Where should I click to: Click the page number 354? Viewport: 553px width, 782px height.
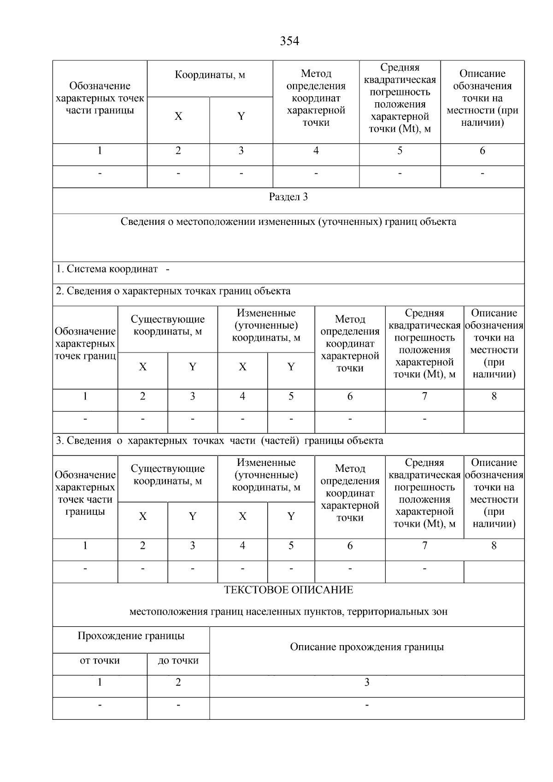click(x=289, y=41)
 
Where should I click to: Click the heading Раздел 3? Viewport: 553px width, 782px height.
click(x=288, y=197)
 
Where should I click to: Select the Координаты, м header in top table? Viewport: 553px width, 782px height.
click(x=210, y=75)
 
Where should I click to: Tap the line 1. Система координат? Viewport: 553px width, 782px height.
click(x=112, y=269)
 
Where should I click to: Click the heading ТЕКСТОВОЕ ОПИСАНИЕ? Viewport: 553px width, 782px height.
click(x=288, y=590)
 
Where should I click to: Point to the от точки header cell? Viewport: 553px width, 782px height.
click(x=100, y=660)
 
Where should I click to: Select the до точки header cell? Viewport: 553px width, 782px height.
click(x=178, y=660)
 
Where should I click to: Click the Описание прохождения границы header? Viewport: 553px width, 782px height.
click(x=367, y=647)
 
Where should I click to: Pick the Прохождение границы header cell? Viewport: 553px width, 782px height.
click(x=131, y=636)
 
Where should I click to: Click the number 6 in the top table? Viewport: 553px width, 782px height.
click(x=482, y=151)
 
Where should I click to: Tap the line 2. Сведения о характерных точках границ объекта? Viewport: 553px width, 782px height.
click(x=173, y=291)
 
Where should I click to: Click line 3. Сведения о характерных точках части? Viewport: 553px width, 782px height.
click(x=219, y=441)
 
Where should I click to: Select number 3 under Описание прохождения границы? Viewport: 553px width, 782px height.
click(x=367, y=682)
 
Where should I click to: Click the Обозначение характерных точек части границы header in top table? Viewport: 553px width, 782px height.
click(x=100, y=98)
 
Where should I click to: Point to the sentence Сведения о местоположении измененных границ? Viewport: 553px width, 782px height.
click(x=288, y=222)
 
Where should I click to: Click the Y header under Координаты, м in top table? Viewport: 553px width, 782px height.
click(x=241, y=116)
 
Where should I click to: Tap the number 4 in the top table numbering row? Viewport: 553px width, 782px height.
click(x=316, y=151)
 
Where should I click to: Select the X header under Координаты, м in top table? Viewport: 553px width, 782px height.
click(x=178, y=116)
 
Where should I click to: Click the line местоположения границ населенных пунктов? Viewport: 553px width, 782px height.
click(x=288, y=612)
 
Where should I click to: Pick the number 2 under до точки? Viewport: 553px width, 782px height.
click(x=178, y=682)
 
